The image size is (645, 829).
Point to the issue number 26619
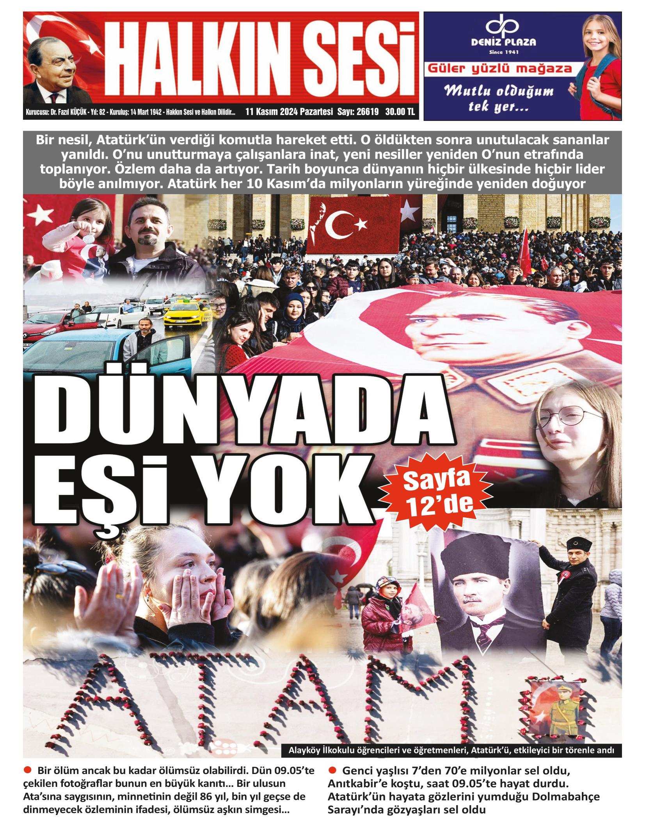click(366, 112)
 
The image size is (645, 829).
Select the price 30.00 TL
click(400, 112)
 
